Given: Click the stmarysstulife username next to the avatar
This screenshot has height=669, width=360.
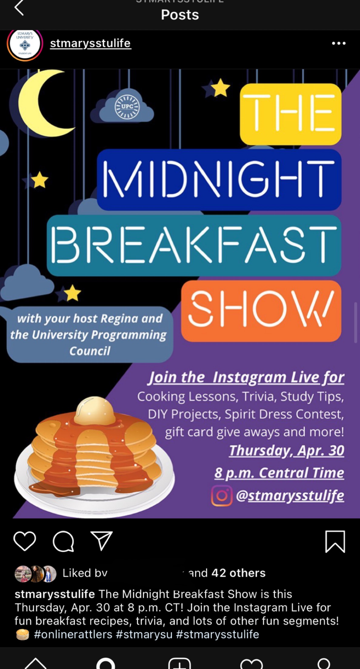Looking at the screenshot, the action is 90,43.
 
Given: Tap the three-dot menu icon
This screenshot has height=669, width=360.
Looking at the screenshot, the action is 338,43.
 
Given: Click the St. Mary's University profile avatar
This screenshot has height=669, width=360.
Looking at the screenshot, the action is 25,44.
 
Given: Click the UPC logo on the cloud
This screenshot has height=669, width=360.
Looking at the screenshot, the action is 127,107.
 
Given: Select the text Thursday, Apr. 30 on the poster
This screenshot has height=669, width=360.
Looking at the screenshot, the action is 286,451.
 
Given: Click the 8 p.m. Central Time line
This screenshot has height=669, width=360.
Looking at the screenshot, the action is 279,473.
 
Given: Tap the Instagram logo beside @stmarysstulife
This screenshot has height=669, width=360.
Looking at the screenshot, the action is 222,496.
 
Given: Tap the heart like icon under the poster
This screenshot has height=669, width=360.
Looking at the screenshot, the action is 25,541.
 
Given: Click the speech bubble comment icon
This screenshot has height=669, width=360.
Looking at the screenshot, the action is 63,541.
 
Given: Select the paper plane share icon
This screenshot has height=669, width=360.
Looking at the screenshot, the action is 102,541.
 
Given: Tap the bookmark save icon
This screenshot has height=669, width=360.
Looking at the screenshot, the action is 335,541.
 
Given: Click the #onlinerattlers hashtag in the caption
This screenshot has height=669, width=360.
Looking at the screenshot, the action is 73,634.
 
